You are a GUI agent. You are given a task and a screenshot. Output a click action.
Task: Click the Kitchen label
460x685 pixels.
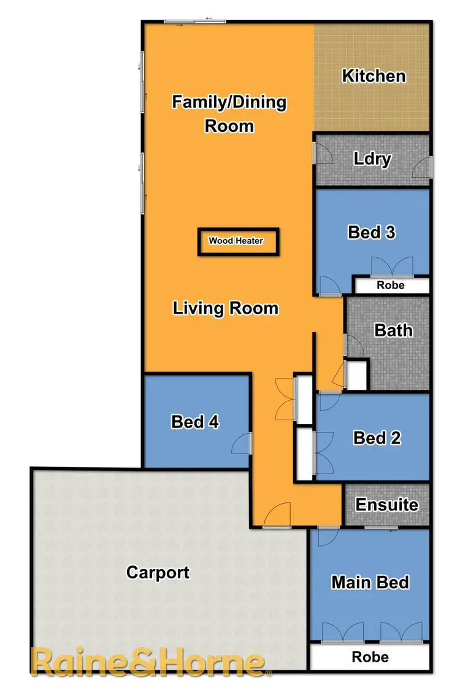[374, 76]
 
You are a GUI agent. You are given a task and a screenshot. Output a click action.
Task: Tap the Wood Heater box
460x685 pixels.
[238, 241]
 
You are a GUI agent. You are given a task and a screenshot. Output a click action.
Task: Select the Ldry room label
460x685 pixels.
[372, 159]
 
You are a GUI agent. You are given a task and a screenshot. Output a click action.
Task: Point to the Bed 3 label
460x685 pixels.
[371, 232]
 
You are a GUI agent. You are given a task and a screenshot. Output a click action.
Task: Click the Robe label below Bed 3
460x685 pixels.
[391, 286]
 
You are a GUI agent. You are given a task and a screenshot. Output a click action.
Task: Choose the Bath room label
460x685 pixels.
[393, 330]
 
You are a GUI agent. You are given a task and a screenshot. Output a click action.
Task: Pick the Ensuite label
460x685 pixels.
[387, 505]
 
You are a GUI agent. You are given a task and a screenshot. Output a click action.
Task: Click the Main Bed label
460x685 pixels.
[370, 581]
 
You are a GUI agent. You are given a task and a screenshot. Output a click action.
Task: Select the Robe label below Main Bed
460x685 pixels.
[370, 657]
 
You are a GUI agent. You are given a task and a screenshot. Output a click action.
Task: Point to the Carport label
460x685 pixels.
[158, 572]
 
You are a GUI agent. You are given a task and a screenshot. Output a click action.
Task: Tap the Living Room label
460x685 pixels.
[226, 308]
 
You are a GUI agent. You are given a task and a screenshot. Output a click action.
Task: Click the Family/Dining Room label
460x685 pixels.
[229, 113]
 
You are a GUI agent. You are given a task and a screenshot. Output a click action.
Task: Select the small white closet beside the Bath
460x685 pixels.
[356, 374]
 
